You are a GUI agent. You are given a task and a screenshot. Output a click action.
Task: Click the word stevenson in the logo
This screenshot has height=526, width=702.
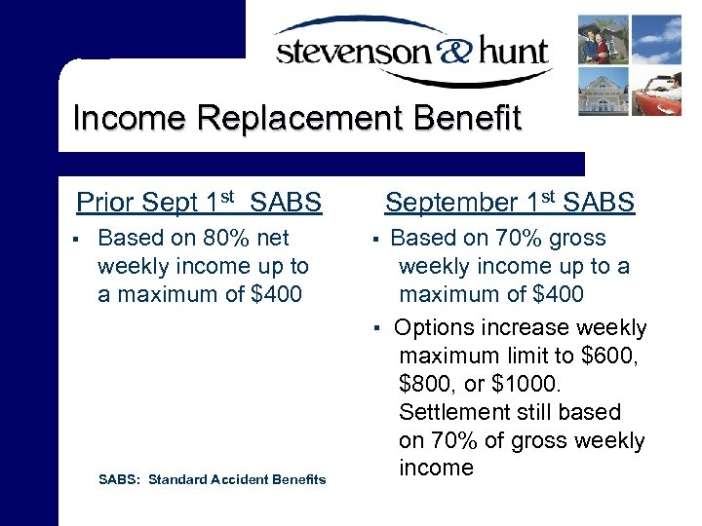pyautogui.click(x=347, y=52)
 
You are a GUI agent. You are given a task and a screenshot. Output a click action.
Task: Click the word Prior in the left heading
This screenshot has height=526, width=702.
pyautogui.click(x=105, y=203)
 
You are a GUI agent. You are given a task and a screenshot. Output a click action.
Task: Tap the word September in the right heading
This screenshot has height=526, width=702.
pyautogui.click(x=451, y=203)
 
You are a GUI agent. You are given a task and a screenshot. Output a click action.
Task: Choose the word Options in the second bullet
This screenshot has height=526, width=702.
pyautogui.click(x=437, y=328)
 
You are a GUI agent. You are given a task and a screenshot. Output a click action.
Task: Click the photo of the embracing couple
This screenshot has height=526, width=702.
pyautogui.click(x=604, y=38)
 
